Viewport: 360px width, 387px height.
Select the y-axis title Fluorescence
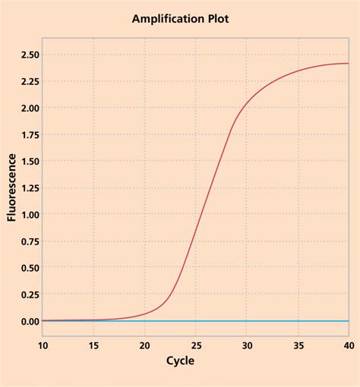coord(12,187)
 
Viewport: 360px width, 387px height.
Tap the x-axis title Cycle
coord(180,360)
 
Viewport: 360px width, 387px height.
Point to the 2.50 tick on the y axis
coord(25,55)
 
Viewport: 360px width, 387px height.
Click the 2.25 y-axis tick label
coord(25,81)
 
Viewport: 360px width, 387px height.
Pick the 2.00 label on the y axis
coord(25,108)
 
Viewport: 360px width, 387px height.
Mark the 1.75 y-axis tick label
coord(25,134)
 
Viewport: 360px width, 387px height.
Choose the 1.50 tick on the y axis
coord(25,161)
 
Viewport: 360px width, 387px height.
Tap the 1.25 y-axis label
coord(25,187)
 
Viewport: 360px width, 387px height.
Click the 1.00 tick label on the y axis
coord(25,214)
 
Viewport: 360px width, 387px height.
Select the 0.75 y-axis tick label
coord(25,241)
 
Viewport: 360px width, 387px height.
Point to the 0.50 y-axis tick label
coord(25,267)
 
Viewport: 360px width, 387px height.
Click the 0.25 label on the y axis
coord(25,294)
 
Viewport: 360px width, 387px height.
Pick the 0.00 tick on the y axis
coord(25,321)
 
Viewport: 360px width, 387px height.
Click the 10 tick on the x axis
coord(43,345)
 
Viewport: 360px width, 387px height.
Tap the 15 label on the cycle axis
coord(93,345)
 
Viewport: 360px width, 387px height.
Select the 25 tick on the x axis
coord(195,345)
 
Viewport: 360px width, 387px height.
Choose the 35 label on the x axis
coord(298,345)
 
